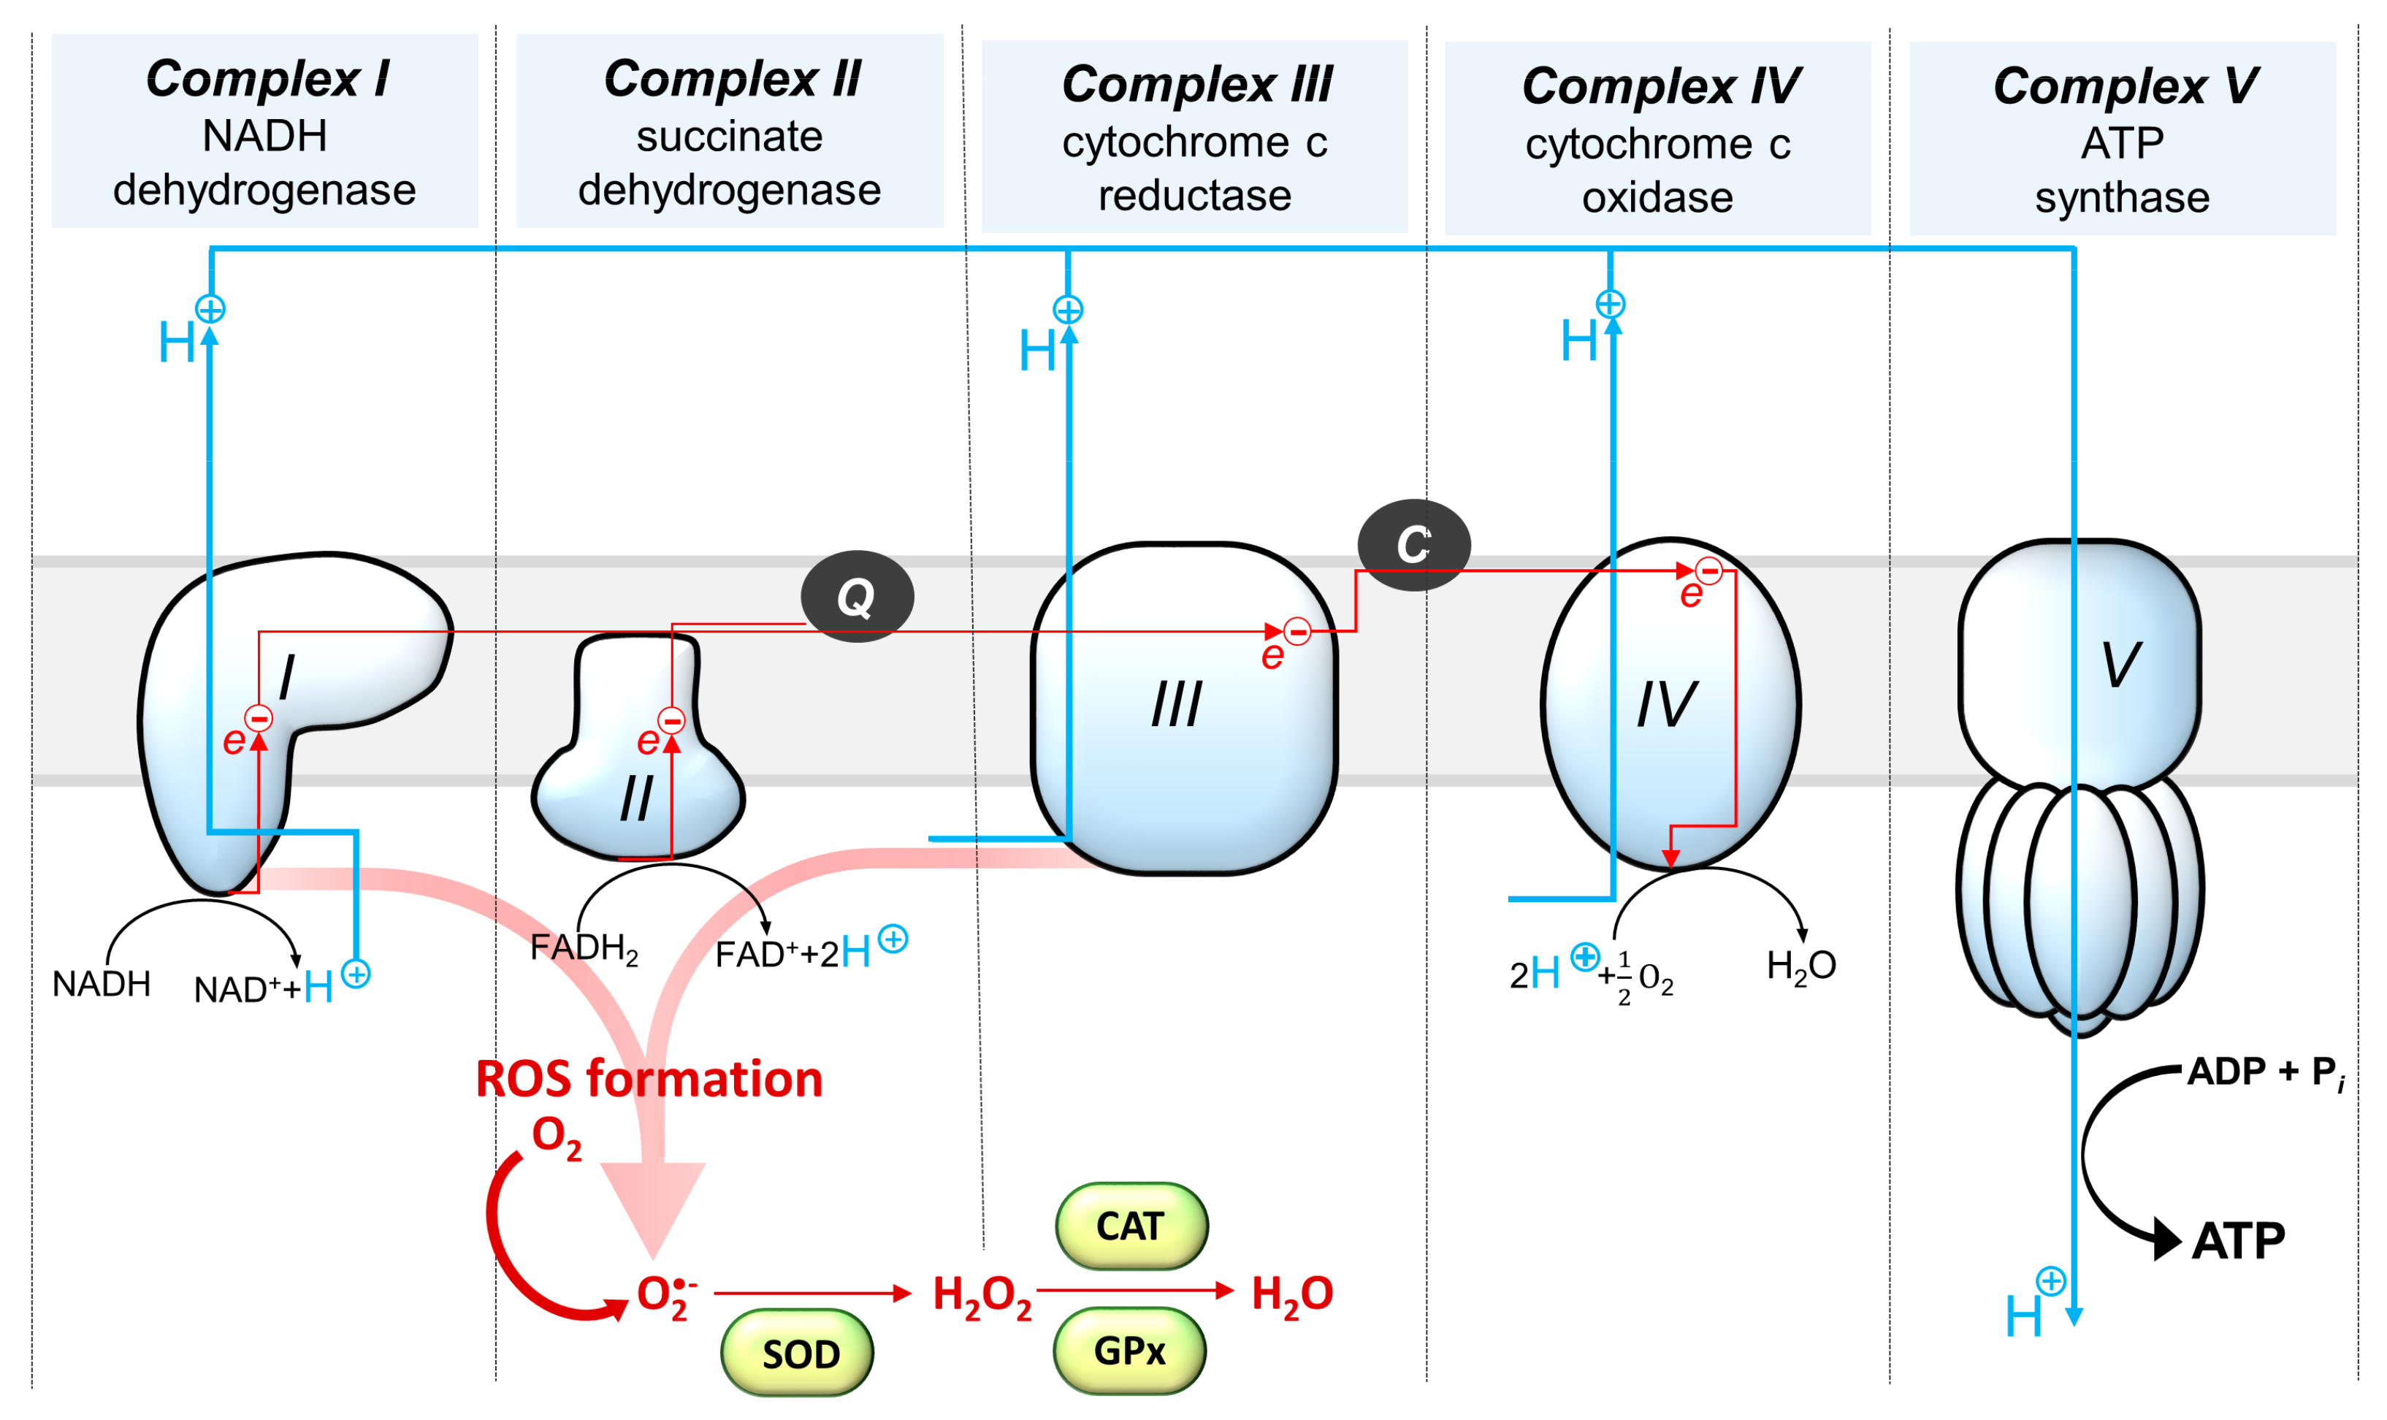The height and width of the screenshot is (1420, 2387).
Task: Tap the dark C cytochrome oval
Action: click(x=1413, y=544)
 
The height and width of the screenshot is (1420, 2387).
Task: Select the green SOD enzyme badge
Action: click(x=797, y=1353)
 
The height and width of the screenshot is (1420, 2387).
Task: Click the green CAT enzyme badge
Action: click(x=1131, y=1226)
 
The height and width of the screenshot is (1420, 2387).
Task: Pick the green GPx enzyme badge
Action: click(x=1129, y=1350)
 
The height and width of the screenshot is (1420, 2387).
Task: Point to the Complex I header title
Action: click(x=266, y=78)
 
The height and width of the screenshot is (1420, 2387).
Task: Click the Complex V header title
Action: click(x=2124, y=86)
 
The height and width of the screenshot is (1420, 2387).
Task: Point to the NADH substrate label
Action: click(x=102, y=984)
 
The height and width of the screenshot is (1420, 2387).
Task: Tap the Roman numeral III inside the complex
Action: click(x=1176, y=705)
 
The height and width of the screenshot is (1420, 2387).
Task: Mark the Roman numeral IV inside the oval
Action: click(x=1667, y=705)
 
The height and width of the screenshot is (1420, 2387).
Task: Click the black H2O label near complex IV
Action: click(x=1800, y=966)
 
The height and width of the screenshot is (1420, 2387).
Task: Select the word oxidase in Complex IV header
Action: click(x=1657, y=198)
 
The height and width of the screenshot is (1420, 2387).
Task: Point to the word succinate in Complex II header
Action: click(x=729, y=137)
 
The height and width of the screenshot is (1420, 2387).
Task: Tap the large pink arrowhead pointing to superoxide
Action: click(x=654, y=1206)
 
